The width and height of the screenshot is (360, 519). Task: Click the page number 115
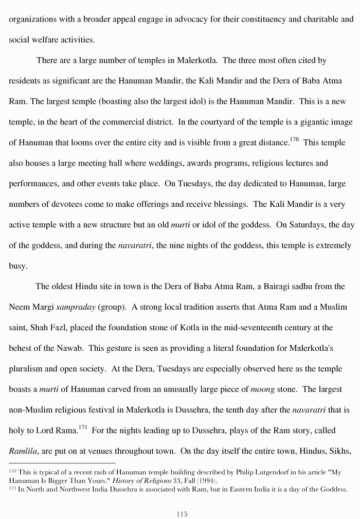pos(182,513)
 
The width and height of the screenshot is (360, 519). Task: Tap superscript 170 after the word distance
pos(294,139)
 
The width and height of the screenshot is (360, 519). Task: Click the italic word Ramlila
pos(23,452)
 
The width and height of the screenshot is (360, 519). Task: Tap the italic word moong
pos(262,389)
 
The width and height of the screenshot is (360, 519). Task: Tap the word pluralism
pos(26,369)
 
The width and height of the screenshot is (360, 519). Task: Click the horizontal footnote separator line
pos(62,463)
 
